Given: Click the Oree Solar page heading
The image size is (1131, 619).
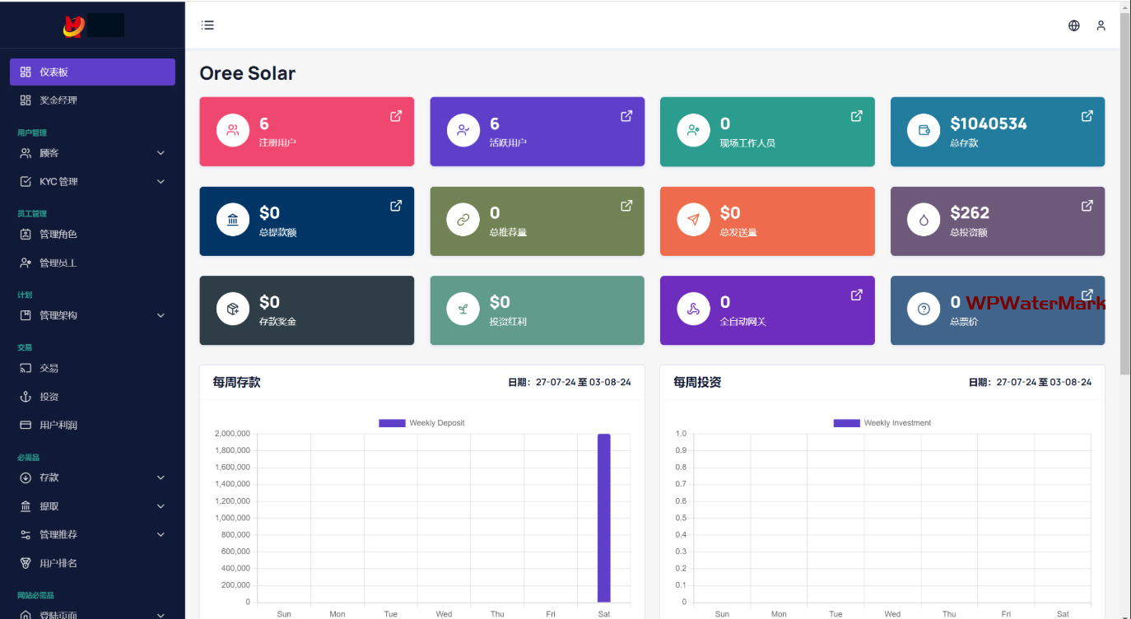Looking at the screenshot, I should click(247, 73).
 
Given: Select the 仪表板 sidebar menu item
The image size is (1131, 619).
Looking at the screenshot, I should click(92, 72).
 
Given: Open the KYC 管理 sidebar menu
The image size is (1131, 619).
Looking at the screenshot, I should click(92, 181).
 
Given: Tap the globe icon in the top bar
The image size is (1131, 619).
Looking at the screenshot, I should click(1073, 26).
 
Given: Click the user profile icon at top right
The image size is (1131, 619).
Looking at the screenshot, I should click(1101, 26).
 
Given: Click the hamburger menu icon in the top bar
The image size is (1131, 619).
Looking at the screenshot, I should click(207, 26).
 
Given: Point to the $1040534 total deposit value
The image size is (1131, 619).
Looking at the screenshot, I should click(988, 123).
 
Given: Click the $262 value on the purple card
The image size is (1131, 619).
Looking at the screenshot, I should click(970, 212).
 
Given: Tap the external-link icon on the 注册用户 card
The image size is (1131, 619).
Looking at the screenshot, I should click(396, 116).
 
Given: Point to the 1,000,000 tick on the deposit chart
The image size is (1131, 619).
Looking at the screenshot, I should click(232, 518).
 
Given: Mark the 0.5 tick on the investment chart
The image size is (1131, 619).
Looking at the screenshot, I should click(681, 518).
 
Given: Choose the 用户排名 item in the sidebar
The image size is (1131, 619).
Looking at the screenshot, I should click(58, 563).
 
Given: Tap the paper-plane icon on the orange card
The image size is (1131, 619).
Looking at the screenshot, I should click(693, 220).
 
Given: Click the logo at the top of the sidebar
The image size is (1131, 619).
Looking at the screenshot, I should click(74, 26).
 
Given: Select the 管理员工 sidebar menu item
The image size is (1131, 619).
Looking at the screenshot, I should click(58, 263).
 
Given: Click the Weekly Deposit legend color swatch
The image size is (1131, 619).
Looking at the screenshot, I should click(392, 423).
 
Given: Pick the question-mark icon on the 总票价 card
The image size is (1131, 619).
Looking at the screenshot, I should click(924, 309).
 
